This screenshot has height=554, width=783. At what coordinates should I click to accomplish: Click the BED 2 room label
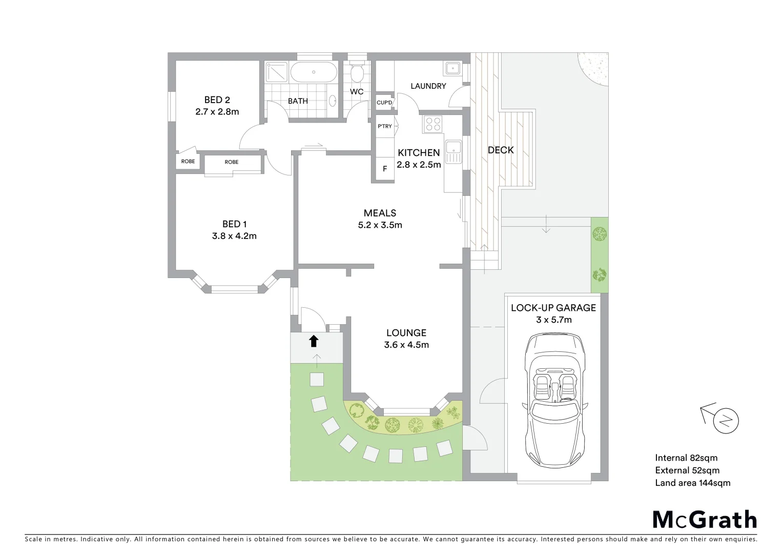[x=217, y=100]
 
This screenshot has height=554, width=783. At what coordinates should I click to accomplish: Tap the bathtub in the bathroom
[x=314, y=72]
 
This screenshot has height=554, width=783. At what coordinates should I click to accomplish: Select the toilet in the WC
[x=357, y=74]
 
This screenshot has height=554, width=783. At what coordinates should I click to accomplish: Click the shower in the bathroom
[x=277, y=72]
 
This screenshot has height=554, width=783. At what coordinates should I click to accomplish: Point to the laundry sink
[x=452, y=69]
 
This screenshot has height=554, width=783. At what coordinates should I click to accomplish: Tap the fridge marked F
[x=385, y=169]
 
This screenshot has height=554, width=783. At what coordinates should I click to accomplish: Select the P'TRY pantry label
[x=385, y=126]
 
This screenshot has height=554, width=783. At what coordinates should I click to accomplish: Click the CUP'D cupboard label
[x=384, y=103]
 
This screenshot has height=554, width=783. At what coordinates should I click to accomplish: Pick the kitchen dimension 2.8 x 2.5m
[x=419, y=165]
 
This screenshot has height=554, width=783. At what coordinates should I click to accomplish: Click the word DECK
[x=501, y=150]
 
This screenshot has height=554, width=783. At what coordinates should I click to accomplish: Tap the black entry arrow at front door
[x=314, y=341]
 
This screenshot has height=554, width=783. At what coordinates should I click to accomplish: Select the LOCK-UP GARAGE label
[x=553, y=308]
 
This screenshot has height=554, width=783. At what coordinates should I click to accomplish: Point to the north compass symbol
[x=726, y=421]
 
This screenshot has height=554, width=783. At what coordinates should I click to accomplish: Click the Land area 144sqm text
[x=692, y=483]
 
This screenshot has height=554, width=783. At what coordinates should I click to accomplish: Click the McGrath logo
[x=705, y=520]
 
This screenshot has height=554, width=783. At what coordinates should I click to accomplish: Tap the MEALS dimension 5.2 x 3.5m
[x=380, y=225]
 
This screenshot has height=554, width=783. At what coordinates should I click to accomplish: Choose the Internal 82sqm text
[x=686, y=458]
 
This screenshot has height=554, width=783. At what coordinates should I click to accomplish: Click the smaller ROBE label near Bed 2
[x=188, y=162]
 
